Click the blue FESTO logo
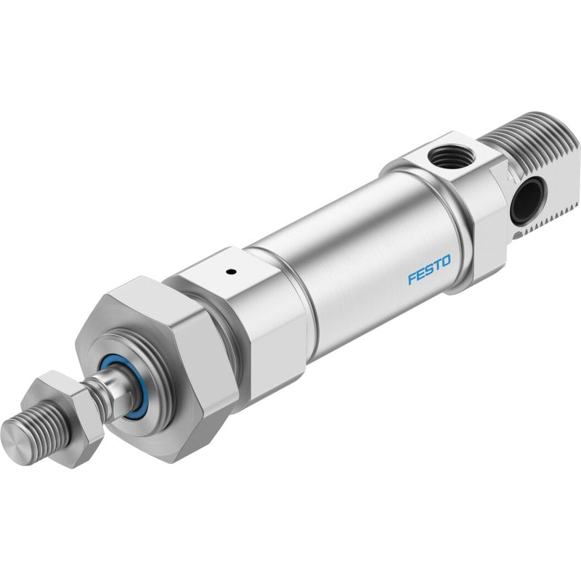pyautogui.click(x=429, y=269)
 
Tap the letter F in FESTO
pyautogui.click(x=413, y=278)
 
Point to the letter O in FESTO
pyautogui.click(x=446, y=261)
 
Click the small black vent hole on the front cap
pyautogui.click(x=232, y=272)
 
